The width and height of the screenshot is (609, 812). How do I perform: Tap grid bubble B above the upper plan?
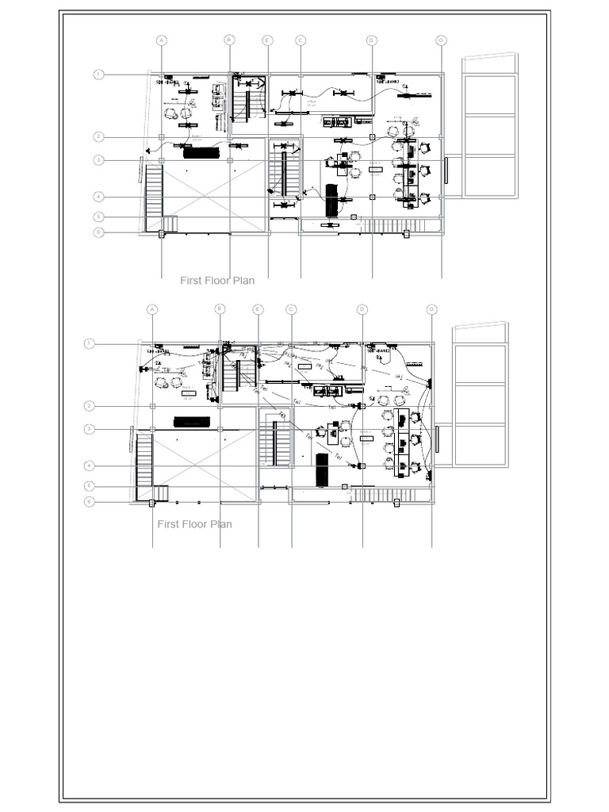click(x=229, y=40)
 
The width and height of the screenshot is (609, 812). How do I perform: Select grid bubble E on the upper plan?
click(x=267, y=40)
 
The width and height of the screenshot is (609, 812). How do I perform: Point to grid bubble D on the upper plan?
click(x=371, y=40)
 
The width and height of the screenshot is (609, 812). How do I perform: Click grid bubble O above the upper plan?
click(x=441, y=40)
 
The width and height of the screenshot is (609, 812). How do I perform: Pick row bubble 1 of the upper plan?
click(x=98, y=75)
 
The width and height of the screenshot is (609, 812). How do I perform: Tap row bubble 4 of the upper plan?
click(x=98, y=196)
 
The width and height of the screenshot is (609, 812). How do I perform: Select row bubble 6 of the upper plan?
click(x=98, y=232)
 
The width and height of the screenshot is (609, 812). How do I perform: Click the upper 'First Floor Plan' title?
click(x=217, y=280)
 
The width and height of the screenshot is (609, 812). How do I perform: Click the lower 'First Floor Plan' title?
click(x=195, y=524)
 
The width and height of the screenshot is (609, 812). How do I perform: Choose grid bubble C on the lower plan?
click(x=291, y=309)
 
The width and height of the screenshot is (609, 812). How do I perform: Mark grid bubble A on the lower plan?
click(x=152, y=309)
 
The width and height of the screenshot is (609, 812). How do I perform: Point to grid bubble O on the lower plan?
click(x=431, y=309)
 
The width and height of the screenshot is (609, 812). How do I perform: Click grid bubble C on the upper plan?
click(x=301, y=40)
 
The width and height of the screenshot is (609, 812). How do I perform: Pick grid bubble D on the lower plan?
click(x=362, y=309)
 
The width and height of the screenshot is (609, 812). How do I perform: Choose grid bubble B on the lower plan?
click(x=220, y=309)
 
